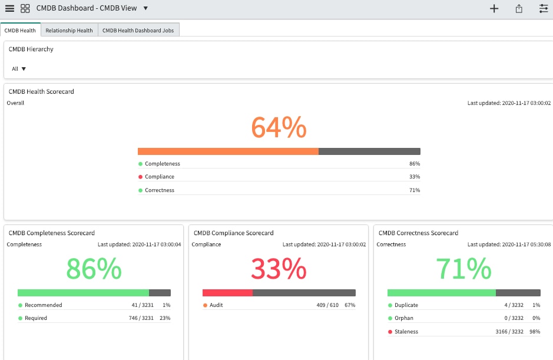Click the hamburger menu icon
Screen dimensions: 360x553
9,8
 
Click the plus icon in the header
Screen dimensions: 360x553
494,8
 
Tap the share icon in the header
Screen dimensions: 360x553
519,8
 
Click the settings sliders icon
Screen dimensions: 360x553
543,8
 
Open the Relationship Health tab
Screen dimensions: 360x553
69,30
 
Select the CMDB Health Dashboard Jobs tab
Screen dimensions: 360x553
138,30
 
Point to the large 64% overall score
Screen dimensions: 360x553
279,127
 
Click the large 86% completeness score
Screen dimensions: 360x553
94,269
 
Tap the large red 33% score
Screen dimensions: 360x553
279,269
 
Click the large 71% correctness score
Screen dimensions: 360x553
463,269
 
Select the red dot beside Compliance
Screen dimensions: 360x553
140,177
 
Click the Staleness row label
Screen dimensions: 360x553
406,332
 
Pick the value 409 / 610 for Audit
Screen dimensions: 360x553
328,305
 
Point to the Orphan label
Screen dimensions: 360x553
404,318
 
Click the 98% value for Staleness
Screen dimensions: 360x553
535,332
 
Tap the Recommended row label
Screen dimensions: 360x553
43,305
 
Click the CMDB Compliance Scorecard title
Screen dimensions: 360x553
233,233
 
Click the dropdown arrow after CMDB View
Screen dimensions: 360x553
145,8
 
